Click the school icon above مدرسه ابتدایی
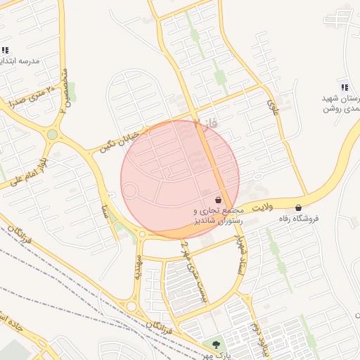(x=5, y=50)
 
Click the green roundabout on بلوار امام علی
(x=52, y=134)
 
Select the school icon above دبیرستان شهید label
(x=345, y=86)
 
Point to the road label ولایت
(x=264, y=207)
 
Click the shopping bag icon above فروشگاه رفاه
(x=299, y=207)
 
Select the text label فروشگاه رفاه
(x=299, y=219)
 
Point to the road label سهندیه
(x=138, y=269)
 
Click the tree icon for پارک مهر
(x=216, y=345)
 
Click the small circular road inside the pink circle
(x=130, y=190)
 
